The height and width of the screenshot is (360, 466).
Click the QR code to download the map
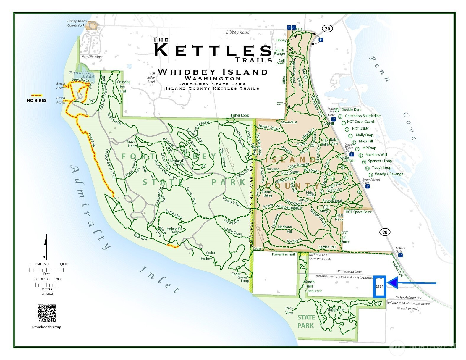point(46,313)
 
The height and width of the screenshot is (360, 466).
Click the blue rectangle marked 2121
point(380,286)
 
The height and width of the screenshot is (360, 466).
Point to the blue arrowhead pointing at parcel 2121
point(392,283)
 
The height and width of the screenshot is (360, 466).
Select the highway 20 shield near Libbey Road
point(327,29)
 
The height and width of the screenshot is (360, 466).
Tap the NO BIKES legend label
point(37,101)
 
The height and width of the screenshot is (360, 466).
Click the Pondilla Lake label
point(81,74)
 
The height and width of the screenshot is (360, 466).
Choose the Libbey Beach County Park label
point(77,23)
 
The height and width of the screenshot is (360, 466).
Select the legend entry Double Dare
point(351,109)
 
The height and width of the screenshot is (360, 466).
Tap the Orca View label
point(289,310)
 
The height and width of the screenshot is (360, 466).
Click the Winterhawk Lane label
point(349,271)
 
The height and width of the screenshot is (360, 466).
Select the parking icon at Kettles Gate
point(400,255)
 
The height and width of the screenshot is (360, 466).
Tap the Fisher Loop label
point(240,115)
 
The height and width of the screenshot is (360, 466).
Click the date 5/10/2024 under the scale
point(47,294)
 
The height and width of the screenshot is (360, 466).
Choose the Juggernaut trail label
point(336,310)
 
